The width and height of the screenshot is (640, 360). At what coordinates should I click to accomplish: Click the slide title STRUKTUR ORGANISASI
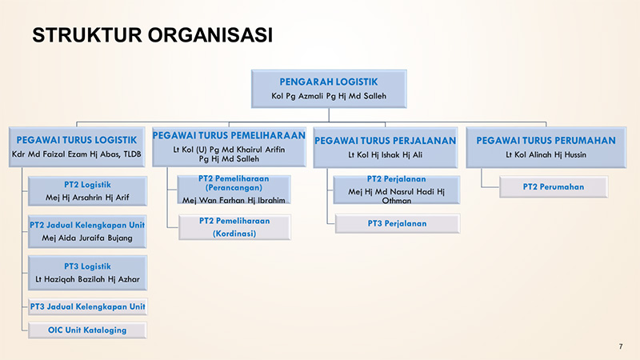[x=152, y=34]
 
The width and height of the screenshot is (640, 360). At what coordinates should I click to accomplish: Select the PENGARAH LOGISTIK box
[x=329, y=89]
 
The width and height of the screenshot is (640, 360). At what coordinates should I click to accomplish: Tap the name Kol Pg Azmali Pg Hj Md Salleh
[x=329, y=96]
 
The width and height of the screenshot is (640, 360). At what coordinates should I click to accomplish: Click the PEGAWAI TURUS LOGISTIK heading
[x=77, y=140]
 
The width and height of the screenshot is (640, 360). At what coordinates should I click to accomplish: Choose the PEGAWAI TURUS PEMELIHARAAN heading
[x=229, y=135]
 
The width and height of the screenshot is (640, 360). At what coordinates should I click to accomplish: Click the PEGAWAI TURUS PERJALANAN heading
[x=386, y=141]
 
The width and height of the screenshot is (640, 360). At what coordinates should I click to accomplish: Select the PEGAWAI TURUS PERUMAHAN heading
[x=546, y=141]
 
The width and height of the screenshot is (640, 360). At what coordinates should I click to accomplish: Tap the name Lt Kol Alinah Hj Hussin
[x=546, y=154]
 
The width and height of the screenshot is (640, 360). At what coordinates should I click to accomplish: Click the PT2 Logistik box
[x=87, y=191]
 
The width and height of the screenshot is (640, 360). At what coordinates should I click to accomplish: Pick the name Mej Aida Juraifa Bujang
[x=87, y=238]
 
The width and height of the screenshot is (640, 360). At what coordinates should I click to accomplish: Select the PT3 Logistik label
[x=87, y=266]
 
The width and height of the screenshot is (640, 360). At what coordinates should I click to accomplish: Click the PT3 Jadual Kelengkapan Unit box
[x=87, y=307]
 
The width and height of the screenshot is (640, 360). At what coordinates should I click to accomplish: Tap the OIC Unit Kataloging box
[x=87, y=330]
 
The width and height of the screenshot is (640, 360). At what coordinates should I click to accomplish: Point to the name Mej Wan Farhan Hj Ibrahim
[x=234, y=200]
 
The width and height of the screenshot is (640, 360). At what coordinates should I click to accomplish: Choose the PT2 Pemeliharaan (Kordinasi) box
[x=234, y=227]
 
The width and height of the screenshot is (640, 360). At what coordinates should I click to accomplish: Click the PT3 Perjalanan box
[x=397, y=224]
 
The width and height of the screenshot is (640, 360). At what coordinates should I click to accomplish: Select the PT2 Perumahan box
[x=554, y=187]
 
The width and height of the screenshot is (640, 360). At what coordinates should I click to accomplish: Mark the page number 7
[x=621, y=346]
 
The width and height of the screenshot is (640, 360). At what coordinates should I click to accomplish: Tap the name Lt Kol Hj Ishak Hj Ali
[x=386, y=154]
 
